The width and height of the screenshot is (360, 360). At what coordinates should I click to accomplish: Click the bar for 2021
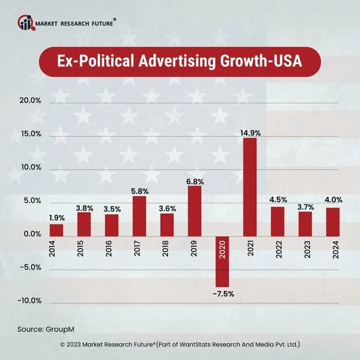tap(250, 187)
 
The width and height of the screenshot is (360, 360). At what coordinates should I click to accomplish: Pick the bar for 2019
tap(194, 211)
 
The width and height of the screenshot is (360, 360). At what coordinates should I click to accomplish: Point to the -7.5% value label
tap(222, 294)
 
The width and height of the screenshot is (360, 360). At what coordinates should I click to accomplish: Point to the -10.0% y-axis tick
tap(28, 301)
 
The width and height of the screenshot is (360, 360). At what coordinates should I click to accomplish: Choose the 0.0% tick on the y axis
tap(31, 234)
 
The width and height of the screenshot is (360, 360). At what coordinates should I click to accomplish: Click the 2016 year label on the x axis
tap(112, 248)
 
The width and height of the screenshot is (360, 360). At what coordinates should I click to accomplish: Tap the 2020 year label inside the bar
tap(222, 248)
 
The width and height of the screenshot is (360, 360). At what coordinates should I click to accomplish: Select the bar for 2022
tap(277, 221)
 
